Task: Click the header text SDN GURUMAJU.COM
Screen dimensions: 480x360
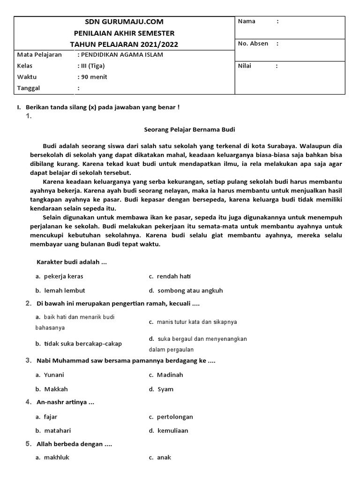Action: click(x=124, y=22)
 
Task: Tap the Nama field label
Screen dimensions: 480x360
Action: click(x=247, y=21)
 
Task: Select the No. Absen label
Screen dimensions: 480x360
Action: click(x=253, y=44)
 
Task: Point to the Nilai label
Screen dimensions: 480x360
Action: click(x=245, y=66)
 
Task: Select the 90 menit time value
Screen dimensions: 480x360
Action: click(x=94, y=77)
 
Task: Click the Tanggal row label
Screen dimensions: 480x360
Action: click(x=29, y=88)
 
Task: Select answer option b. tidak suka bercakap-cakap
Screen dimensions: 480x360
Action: click(x=78, y=344)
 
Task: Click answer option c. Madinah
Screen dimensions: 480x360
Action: click(x=166, y=375)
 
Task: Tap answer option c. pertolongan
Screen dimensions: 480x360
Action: click(x=171, y=417)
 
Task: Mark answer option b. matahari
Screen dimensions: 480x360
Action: click(x=54, y=430)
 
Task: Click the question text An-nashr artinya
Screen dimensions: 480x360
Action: click(x=66, y=402)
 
